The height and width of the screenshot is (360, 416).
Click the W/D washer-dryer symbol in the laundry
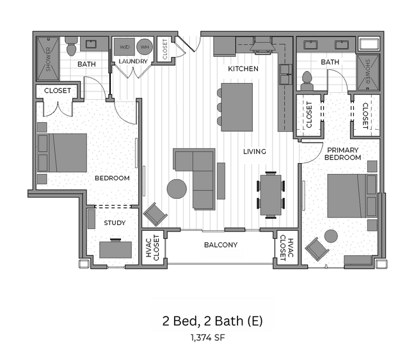pyautogui.click(x=124, y=47)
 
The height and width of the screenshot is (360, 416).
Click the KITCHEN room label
pyautogui.click(x=243, y=68)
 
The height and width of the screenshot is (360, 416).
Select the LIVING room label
pyautogui.click(x=254, y=152)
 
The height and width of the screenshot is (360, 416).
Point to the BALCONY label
pyautogui.click(x=221, y=245)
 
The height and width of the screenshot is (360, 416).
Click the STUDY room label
pyautogui.click(x=115, y=223)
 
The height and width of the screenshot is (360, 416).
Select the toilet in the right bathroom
pyautogui.click(x=307, y=79)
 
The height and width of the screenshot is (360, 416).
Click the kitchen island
pyautogui.click(x=237, y=105)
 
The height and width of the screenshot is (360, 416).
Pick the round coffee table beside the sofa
pyautogui.click(x=177, y=189)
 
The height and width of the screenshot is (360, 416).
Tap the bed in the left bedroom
pyautogui.click(x=62, y=153)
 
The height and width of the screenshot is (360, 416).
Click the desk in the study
pyautogui.click(x=115, y=249)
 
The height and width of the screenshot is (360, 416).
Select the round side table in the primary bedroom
pyautogui.click(x=331, y=236)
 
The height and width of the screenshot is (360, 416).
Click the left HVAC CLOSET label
pyautogui.click(x=152, y=247)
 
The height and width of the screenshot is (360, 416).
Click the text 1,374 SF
pyautogui.click(x=208, y=336)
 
